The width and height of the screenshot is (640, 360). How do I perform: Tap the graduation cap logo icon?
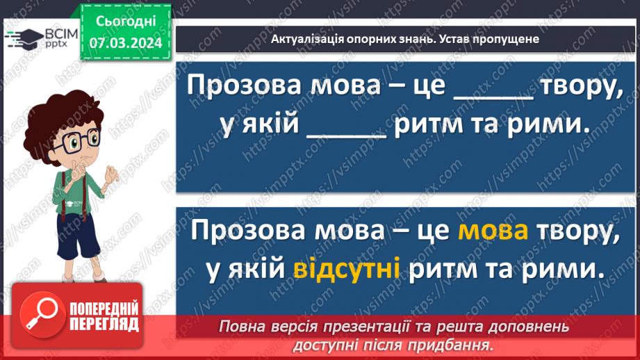coord(27,36)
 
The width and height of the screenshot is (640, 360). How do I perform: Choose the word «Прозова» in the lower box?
coord(239,232)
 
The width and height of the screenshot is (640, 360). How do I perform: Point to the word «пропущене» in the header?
coord(510,39)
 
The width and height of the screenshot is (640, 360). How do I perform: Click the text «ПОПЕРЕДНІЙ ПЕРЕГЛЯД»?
coord(102,317)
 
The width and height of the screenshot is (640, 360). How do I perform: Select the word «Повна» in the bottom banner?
coord(239,326)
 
